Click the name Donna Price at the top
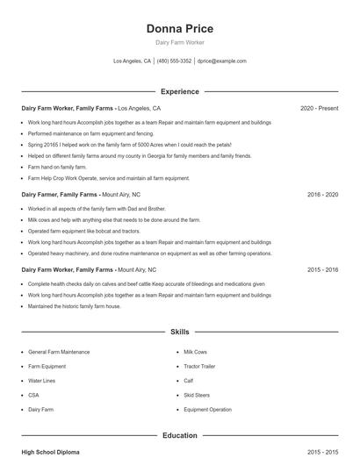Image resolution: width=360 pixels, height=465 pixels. (179, 29)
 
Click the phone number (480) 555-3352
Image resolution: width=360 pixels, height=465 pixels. (174, 61)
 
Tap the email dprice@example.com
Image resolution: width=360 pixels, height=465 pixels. (222, 61)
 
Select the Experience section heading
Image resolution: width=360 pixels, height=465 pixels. (179, 91)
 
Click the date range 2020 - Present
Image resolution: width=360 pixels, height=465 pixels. (319, 108)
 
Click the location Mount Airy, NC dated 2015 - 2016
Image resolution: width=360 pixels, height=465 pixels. (137, 269)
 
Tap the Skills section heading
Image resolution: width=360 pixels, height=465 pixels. (179, 333)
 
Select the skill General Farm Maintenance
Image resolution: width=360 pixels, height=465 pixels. (59, 352)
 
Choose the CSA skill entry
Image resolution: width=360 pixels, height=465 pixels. (34, 395)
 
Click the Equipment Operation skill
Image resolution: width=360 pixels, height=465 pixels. (208, 410)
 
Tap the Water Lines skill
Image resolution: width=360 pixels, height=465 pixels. (42, 381)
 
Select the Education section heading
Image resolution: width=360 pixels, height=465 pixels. (179, 435)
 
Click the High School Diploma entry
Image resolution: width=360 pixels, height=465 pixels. (50, 452)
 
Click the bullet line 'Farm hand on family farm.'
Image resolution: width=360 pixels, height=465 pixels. (57, 167)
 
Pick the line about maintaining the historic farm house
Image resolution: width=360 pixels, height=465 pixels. (75, 306)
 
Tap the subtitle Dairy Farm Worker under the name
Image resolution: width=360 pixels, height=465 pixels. (179, 43)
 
